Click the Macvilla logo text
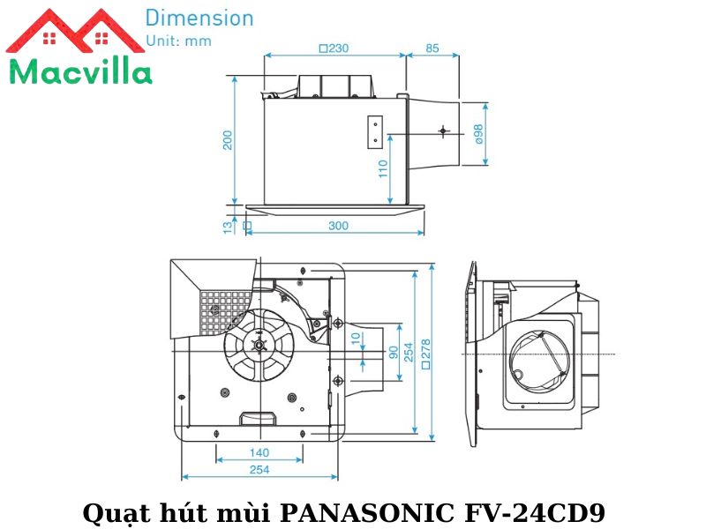click(x=79, y=71)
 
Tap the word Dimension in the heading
click(x=199, y=18)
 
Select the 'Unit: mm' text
click(x=179, y=41)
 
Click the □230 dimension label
click(x=333, y=48)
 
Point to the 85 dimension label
click(x=432, y=48)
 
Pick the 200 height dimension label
click(x=227, y=140)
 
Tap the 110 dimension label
click(x=383, y=168)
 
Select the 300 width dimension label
click(x=338, y=226)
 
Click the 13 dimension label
click(x=227, y=227)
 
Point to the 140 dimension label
click(x=259, y=452)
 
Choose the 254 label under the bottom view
click(x=259, y=470)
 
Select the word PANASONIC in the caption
click(x=365, y=512)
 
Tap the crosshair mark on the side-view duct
click(x=442, y=132)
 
